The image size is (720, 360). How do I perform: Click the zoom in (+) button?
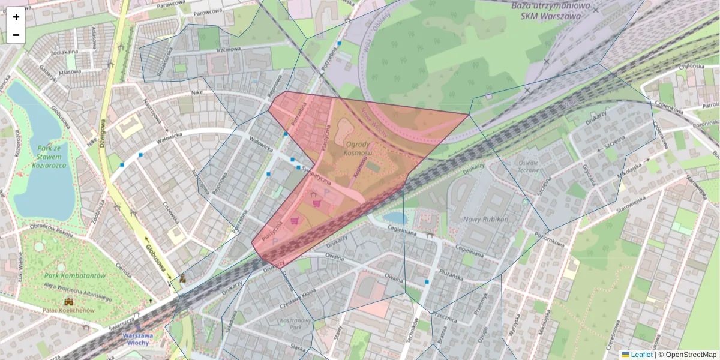click(16, 17)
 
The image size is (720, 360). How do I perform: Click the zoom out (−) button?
click(16, 35)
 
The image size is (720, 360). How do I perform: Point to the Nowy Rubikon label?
click(486, 219)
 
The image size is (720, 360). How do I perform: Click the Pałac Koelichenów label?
click(68, 310)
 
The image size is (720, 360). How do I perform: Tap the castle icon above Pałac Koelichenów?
click(68, 302)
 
